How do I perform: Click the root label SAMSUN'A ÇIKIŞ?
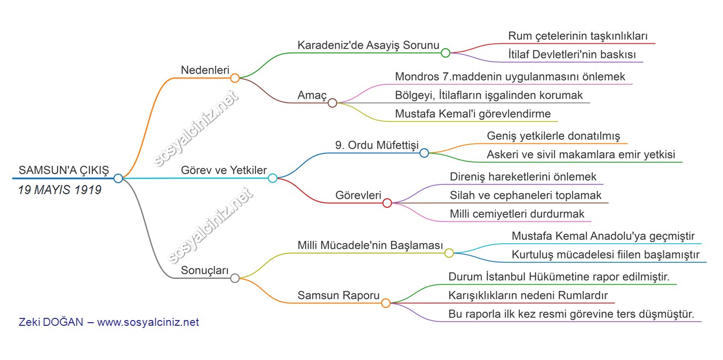(x=63, y=170)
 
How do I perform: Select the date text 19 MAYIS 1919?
(x=60, y=190)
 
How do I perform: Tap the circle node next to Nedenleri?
(x=235, y=78)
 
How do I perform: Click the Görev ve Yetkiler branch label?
(x=224, y=171)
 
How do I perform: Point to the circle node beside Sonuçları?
(x=235, y=278)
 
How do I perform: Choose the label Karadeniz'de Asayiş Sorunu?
(x=368, y=45)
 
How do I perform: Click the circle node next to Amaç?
(x=332, y=103)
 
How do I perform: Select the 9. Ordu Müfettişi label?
(x=376, y=146)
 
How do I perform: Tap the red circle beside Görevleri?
(x=387, y=203)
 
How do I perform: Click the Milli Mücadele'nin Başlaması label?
(x=370, y=245)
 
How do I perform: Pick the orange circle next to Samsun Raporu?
(x=386, y=303)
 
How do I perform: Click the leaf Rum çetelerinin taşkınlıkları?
(x=578, y=36)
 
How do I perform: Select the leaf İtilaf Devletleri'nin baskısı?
(x=572, y=54)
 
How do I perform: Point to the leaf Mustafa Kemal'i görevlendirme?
(x=473, y=114)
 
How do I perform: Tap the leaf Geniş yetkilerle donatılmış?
(x=553, y=136)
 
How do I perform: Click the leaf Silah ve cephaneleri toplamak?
(x=526, y=195)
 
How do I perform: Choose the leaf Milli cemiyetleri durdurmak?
(x=517, y=214)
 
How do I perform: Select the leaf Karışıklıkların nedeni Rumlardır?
(x=528, y=295)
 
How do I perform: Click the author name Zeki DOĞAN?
(x=51, y=322)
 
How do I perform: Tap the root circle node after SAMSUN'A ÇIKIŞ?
(x=118, y=178)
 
